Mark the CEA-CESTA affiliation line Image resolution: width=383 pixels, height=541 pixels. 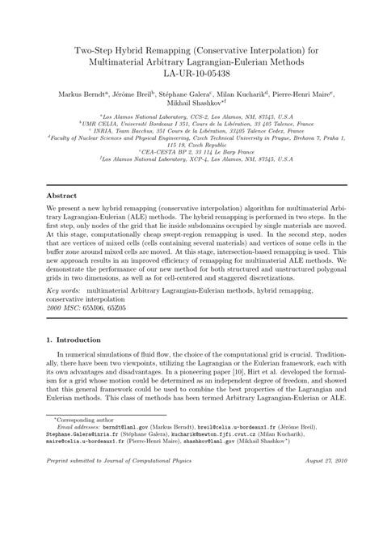[x=191, y=151]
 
